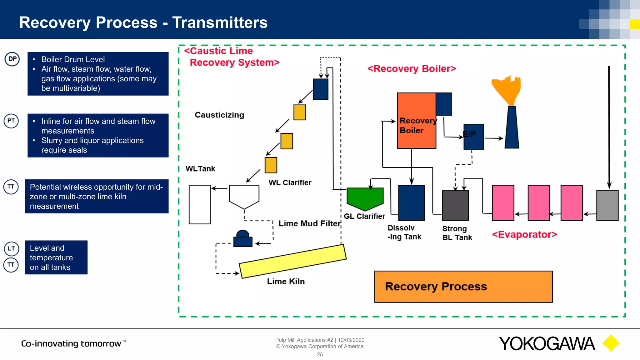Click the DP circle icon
point(12,59)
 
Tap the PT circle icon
point(11,121)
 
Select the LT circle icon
point(11,248)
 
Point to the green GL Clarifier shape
point(365,198)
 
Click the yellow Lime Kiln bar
point(292,261)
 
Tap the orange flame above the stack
point(507,89)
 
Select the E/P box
point(473,137)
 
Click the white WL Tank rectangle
point(199,204)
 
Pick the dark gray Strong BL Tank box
point(455,205)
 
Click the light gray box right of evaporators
point(607,205)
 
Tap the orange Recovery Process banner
point(463,287)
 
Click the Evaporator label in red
point(524,234)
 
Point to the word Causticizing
point(219,115)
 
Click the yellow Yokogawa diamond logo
point(611,343)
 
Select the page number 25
point(320,354)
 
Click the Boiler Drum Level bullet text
point(73,59)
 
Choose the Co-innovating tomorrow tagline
point(71,343)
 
